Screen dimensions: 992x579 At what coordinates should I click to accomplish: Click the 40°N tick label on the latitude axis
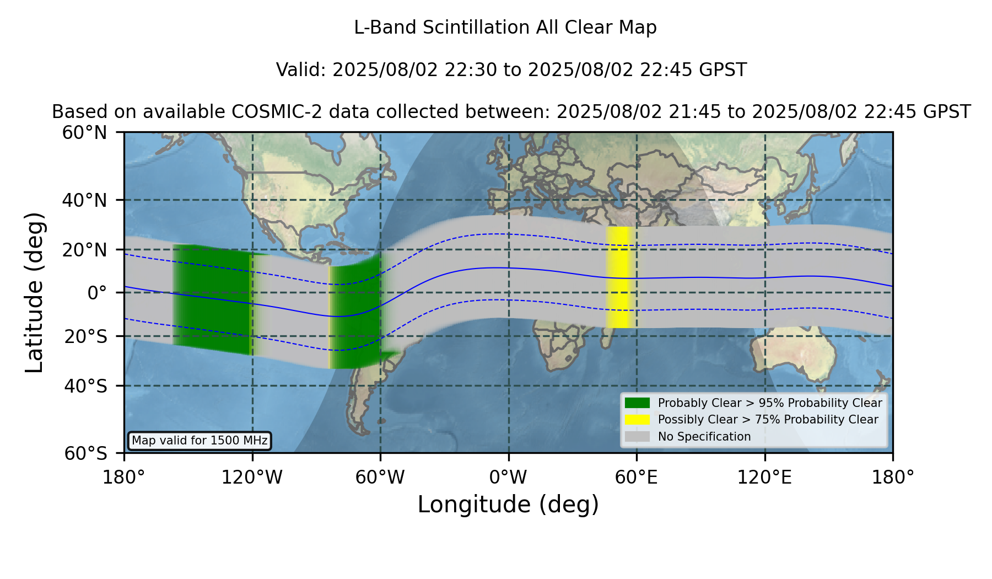pyautogui.click(x=84, y=200)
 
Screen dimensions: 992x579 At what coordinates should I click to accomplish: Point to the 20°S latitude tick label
pyautogui.click(x=85, y=336)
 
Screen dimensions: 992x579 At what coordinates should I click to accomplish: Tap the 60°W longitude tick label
pyautogui.click(x=380, y=478)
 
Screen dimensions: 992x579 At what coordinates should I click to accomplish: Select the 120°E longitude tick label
pyautogui.click(x=764, y=478)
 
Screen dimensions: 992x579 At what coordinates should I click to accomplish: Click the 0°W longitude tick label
pyautogui.click(x=508, y=478)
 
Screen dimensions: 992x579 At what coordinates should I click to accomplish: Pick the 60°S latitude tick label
pyautogui.click(x=85, y=453)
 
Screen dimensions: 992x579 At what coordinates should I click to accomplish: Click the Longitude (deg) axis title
pyautogui.click(x=508, y=505)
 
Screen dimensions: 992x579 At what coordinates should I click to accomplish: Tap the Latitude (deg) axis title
pyautogui.click(x=35, y=292)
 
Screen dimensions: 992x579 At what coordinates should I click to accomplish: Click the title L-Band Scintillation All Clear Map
pyautogui.click(x=505, y=28)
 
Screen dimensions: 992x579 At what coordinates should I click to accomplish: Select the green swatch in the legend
pyautogui.click(x=638, y=403)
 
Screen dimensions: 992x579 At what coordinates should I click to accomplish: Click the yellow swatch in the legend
pyautogui.click(x=638, y=420)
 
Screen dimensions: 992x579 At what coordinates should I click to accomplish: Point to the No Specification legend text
pyautogui.click(x=704, y=437)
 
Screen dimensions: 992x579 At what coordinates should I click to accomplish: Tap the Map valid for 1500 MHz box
pyautogui.click(x=200, y=441)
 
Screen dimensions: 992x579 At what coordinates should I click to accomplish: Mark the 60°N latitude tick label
pyautogui.click(x=84, y=133)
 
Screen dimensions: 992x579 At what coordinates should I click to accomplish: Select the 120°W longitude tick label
pyautogui.click(x=252, y=478)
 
